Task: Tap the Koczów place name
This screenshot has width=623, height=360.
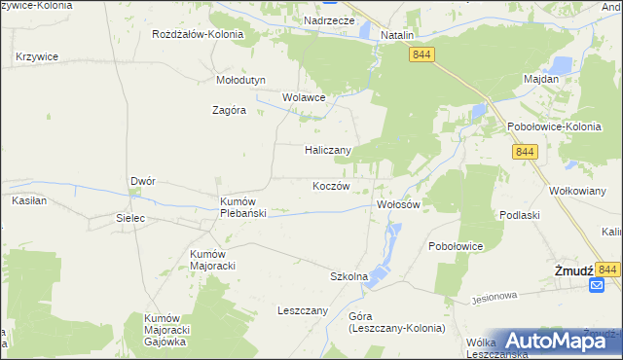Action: (x=331, y=186)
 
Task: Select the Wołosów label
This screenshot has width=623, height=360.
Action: (x=397, y=205)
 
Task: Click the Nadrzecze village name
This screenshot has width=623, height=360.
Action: (x=329, y=19)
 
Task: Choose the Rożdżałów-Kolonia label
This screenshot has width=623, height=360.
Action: (x=198, y=34)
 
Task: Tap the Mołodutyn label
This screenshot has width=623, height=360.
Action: (x=239, y=81)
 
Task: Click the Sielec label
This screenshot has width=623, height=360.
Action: (x=130, y=218)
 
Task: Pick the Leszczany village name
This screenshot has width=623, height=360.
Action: (x=303, y=311)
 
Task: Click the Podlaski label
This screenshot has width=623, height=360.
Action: (x=519, y=214)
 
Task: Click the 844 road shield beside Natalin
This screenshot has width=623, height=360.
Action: (x=421, y=56)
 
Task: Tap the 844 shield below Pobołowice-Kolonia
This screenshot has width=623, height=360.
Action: (x=526, y=152)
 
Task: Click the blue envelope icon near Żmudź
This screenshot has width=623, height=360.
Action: (x=597, y=284)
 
